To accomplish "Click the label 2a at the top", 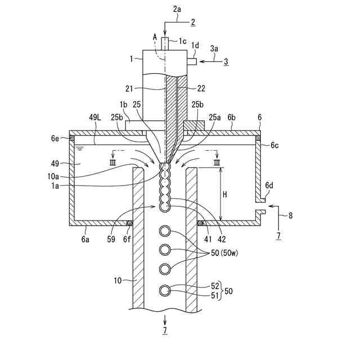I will coord(177,9).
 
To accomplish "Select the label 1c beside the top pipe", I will coord(183,41).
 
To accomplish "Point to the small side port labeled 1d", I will coord(192,61).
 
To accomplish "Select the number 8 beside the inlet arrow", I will coord(290,215).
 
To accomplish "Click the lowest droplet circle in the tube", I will coord(165,290).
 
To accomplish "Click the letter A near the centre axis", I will coord(155,36).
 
